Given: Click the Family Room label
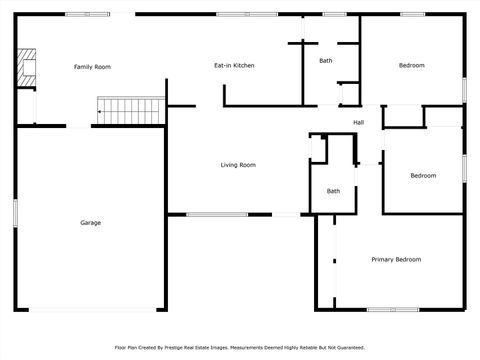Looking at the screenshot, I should [92, 67].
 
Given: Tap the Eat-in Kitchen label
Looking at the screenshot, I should [234, 65].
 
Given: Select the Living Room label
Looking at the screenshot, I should [238, 165].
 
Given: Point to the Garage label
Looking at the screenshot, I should [90, 223].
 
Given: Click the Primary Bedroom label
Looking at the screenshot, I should [396, 260].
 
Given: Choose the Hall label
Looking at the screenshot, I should [358, 123].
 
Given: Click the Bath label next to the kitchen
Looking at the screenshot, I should [326, 61].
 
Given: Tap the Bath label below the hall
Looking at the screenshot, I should [333, 191].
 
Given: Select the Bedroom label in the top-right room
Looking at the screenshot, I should [411, 65].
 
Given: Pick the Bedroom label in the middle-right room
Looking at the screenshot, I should [423, 176].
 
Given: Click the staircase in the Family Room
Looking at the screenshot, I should [130, 106].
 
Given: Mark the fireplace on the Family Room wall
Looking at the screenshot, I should [27, 66].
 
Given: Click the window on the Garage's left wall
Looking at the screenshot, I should [15, 212].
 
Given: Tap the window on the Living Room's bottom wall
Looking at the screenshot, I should [217, 214].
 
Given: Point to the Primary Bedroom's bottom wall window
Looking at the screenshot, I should [393, 309].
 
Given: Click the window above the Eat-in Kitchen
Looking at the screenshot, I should [233, 14].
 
